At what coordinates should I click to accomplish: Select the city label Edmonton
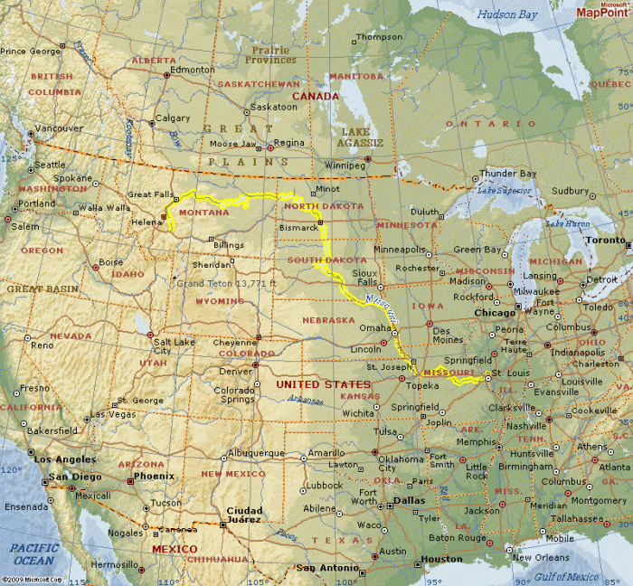(193, 70)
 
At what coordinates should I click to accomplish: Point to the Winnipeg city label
(345, 165)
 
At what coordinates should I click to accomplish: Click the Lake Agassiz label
(360, 137)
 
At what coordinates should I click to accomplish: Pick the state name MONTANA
(203, 213)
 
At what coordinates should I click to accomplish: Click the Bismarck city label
(298, 228)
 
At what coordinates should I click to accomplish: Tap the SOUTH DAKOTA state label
(326, 260)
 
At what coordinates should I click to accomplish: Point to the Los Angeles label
(64, 459)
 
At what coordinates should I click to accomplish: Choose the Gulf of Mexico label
(566, 576)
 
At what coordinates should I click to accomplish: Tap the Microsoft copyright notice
(31, 580)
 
